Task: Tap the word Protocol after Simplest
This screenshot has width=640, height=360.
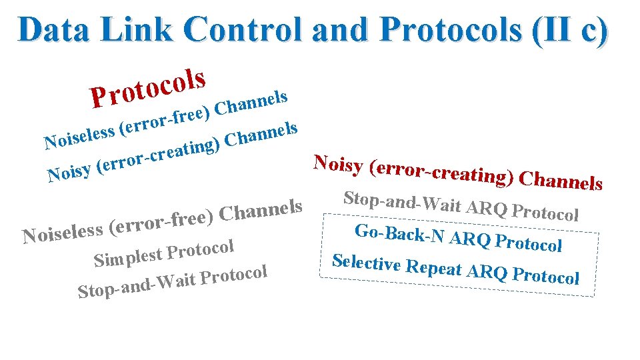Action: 201,251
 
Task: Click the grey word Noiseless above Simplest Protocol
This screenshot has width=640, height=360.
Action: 63,233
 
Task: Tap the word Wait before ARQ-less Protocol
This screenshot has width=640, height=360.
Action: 176,281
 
